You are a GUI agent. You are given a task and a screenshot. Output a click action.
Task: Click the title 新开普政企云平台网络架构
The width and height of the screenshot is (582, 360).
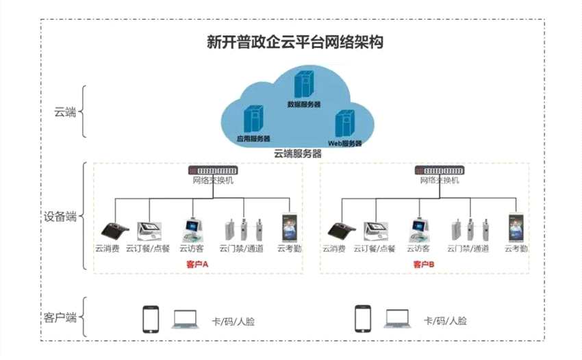(294, 42)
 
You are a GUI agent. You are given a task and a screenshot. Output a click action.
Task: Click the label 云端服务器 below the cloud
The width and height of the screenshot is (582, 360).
(297, 154)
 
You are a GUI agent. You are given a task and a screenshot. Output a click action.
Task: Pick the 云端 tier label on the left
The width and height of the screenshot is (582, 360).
(65, 112)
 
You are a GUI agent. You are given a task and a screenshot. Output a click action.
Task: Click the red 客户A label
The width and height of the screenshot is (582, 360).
(197, 264)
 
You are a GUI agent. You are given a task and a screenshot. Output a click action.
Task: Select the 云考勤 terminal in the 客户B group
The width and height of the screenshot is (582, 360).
(516, 227)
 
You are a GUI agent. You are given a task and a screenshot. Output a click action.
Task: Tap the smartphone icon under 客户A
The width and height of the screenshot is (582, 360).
(151, 319)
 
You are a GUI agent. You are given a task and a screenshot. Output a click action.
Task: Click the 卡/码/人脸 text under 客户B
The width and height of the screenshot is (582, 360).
(445, 320)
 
